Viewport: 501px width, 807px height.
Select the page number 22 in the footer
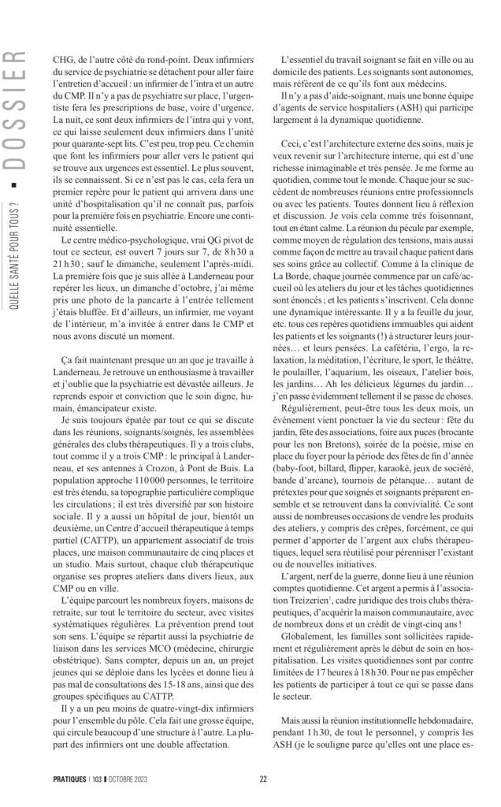point(263,779)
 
